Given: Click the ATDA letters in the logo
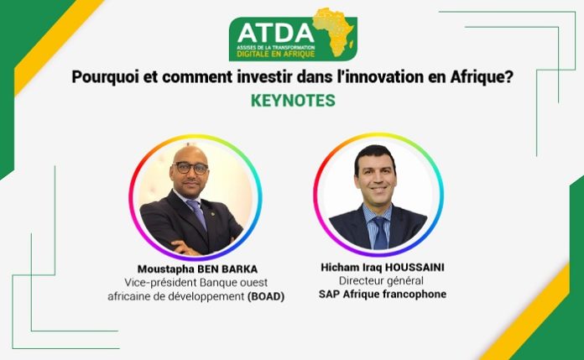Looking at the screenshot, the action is [x=275, y=34].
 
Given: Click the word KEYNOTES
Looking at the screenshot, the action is [x=293, y=101].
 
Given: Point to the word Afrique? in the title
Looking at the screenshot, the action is [x=482, y=77].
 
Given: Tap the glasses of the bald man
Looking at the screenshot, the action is [x=191, y=168].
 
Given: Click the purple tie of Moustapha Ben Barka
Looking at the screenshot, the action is [x=197, y=214].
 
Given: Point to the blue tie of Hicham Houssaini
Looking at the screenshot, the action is [x=381, y=232].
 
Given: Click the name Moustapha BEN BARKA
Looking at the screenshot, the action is [x=197, y=269].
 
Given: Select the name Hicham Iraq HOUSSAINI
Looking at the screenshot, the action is [x=383, y=267].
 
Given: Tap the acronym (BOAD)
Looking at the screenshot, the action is [x=266, y=297].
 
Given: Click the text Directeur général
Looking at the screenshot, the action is [x=381, y=280].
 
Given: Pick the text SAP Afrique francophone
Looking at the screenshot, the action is [x=383, y=294].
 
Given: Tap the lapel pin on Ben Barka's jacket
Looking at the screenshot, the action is [x=212, y=214].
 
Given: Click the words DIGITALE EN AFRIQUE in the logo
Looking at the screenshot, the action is [x=276, y=55].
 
